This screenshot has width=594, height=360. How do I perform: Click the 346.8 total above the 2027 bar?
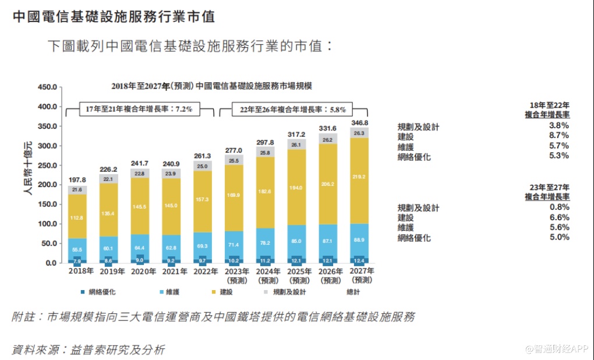(360, 123)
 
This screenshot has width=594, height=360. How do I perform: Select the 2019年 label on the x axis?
(109, 271)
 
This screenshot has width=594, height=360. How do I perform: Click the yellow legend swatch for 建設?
(214, 291)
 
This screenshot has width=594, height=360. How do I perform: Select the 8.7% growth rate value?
(559, 136)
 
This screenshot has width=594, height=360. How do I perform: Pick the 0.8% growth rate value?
(559, 207)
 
